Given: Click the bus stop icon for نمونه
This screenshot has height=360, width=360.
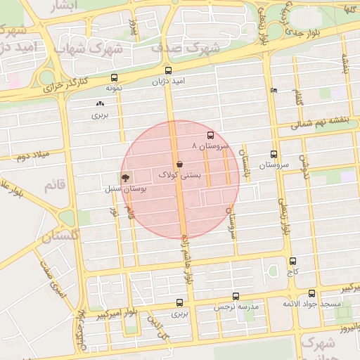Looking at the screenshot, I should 115,78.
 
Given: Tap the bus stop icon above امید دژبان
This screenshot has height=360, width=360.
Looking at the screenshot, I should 167,71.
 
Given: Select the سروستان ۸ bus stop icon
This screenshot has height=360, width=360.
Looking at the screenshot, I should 210,135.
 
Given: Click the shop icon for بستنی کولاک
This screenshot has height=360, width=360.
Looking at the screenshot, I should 179,164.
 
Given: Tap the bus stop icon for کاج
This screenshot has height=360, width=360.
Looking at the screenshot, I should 292,261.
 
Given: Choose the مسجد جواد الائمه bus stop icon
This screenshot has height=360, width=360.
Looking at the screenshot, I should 311,294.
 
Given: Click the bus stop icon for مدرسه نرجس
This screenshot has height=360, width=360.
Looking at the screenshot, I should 236,297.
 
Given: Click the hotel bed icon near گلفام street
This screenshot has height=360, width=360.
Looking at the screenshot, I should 274,91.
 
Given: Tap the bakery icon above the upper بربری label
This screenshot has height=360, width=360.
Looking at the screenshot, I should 99,104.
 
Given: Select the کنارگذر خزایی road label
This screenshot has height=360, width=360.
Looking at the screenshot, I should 65,86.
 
